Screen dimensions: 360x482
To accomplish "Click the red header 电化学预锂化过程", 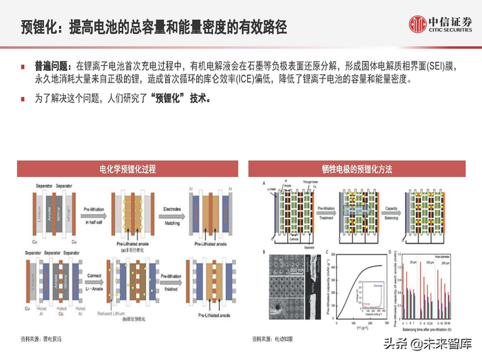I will [x=123, y=169].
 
